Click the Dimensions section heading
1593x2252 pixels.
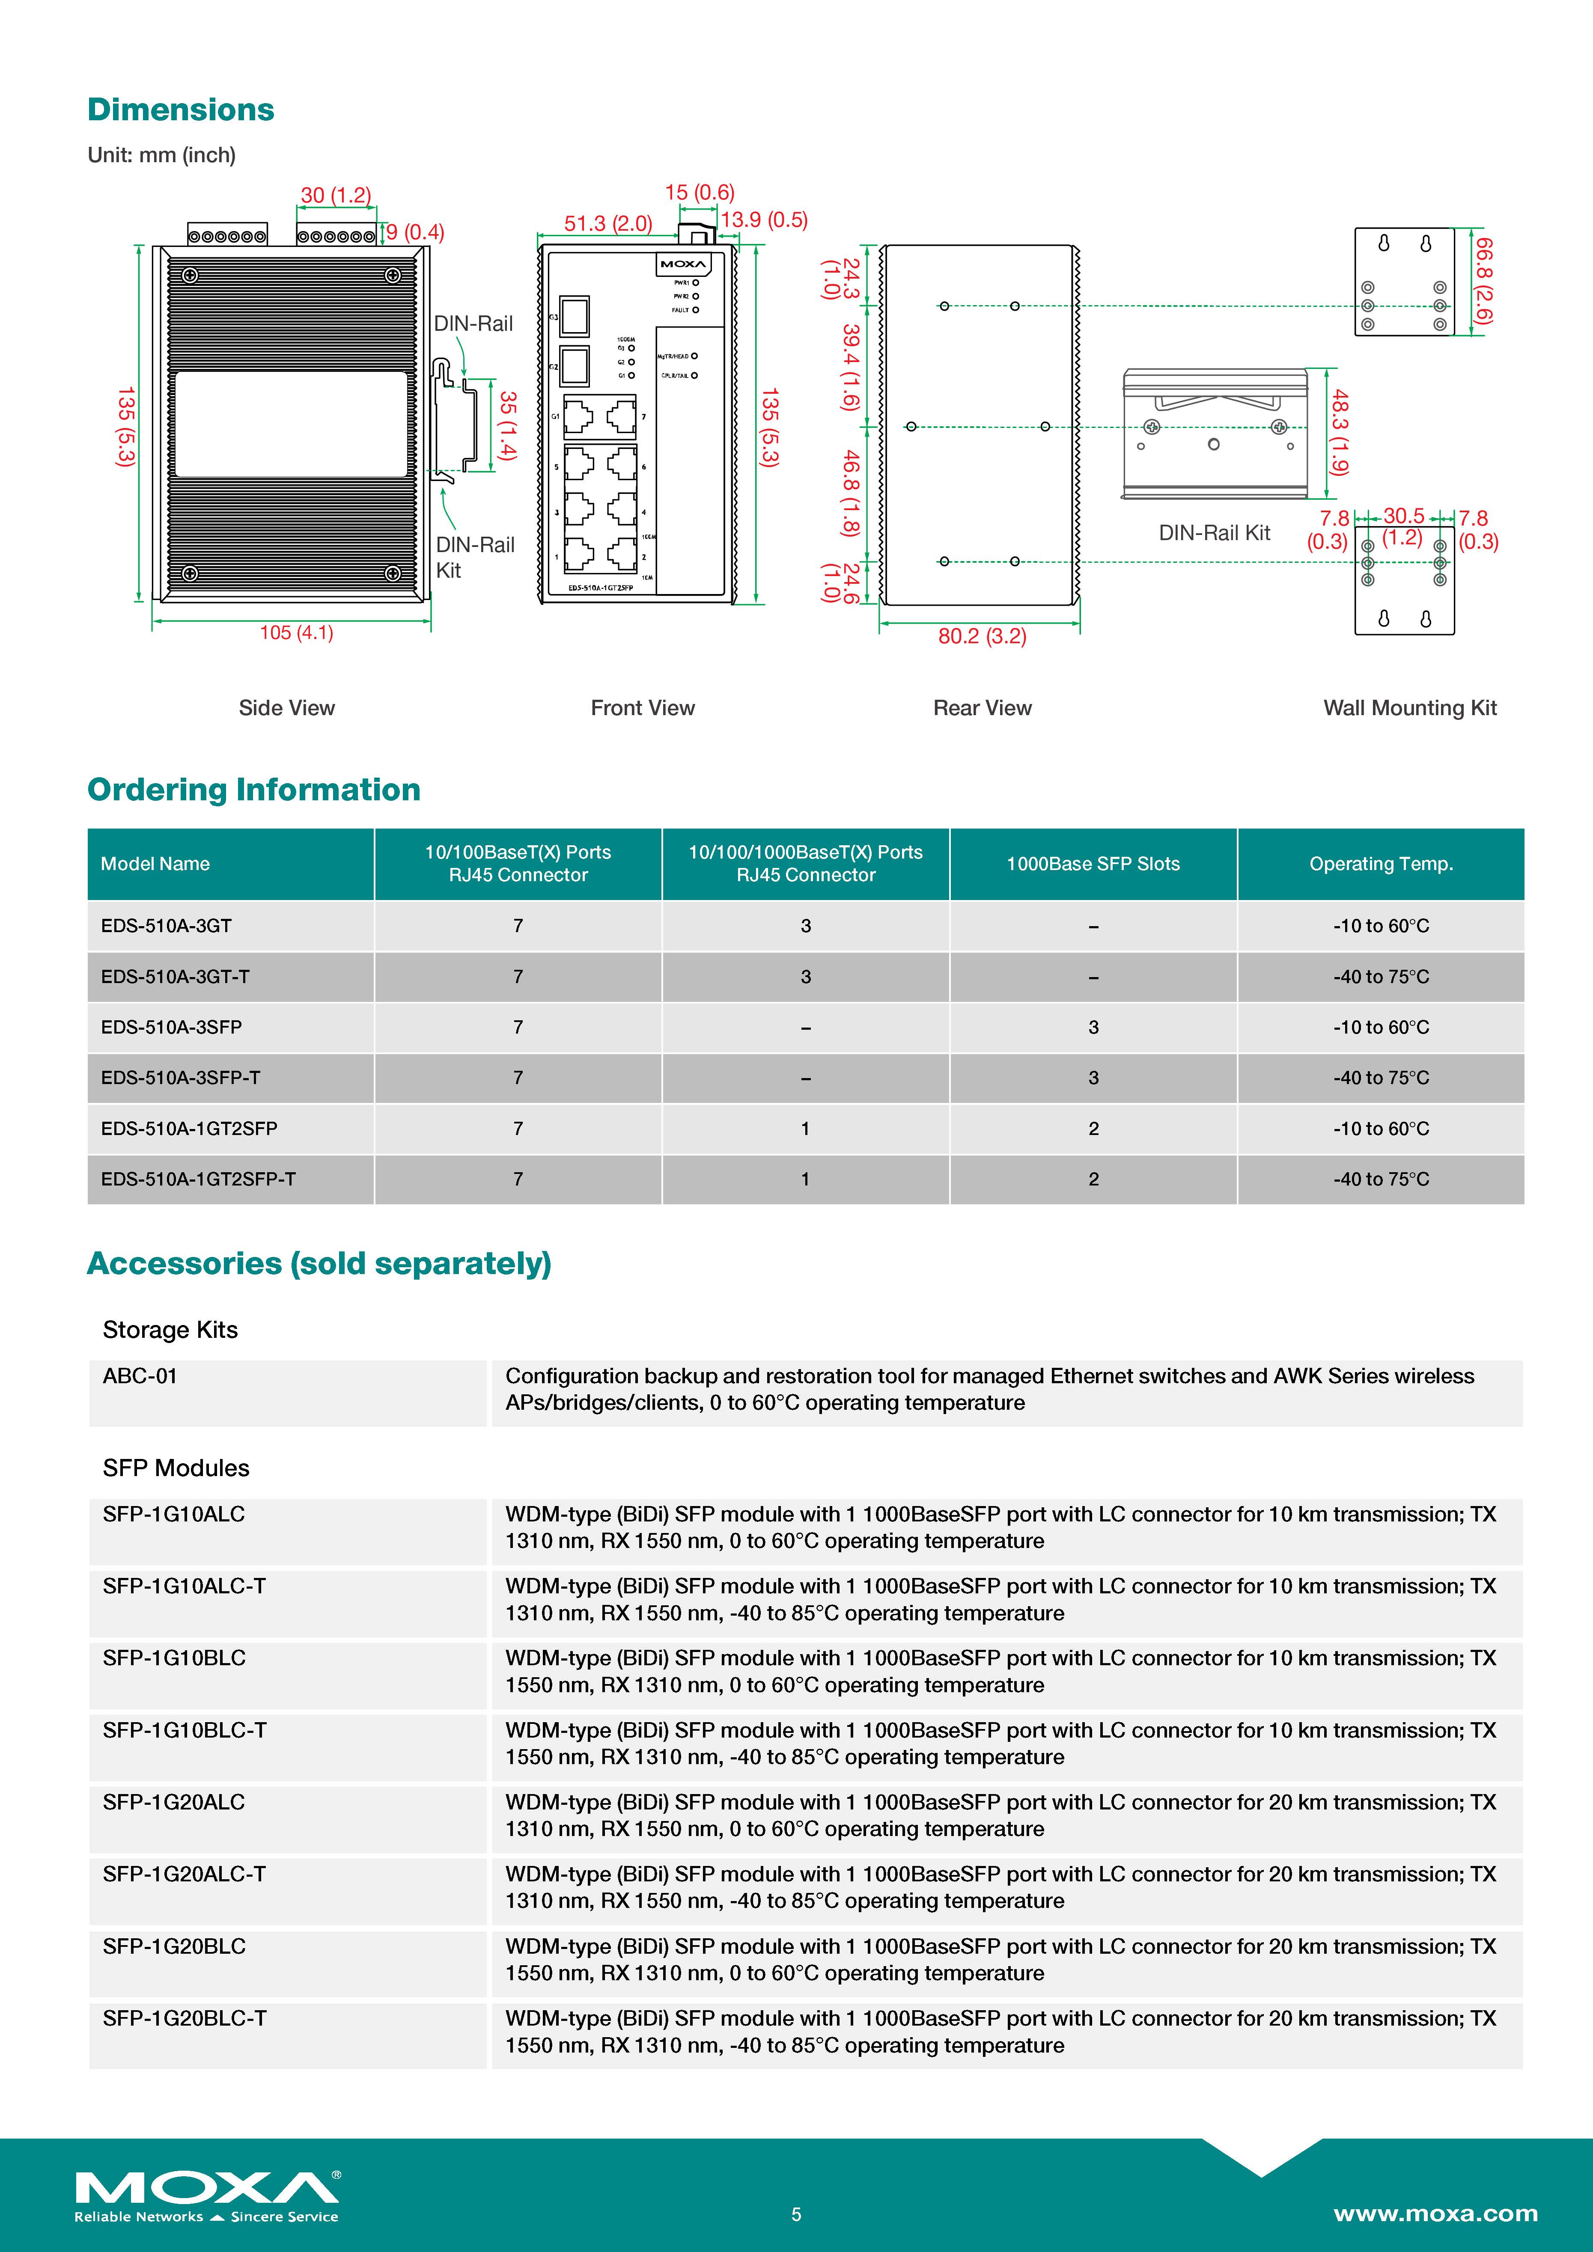point(181,110)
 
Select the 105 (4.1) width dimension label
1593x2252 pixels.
point(296,633)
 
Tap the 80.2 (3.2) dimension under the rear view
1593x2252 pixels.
point(982,636)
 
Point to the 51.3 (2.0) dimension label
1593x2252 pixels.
point(607,224)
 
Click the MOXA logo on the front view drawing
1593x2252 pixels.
point(683,264)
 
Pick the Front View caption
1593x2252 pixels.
point(643,708)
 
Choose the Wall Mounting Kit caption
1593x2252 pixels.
point(1410,708)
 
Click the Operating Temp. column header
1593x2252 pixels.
point(1380,864)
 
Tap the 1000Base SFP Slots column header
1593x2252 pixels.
point(1093,864)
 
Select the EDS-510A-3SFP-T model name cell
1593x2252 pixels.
point(181,1078)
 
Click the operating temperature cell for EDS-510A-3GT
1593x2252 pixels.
point(1380,926)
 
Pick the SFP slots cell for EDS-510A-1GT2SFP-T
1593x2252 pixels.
point(1093,1179)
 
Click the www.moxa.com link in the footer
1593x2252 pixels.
point(1435,2214)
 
